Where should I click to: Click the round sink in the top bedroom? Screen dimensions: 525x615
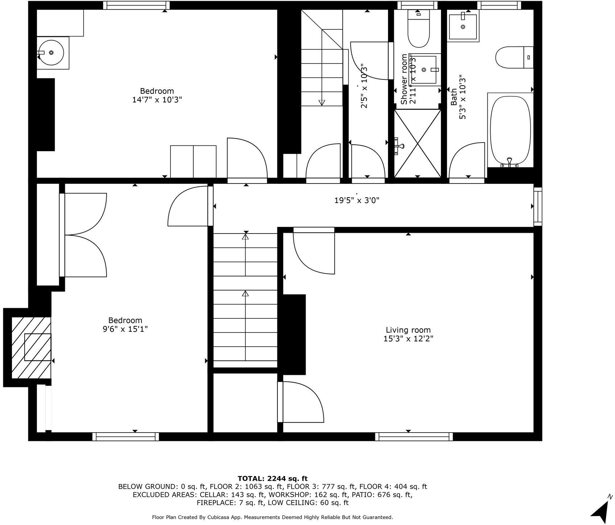(51, 53)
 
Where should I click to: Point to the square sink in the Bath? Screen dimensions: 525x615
(463, 26)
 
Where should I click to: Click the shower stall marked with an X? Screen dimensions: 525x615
(418, 144)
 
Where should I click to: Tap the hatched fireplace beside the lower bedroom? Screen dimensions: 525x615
(31, 347)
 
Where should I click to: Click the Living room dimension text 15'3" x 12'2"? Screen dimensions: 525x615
(408, 339)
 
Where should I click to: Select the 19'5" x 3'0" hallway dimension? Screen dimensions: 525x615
(356, 200)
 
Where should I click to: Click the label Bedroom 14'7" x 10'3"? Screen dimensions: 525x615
(157, 95)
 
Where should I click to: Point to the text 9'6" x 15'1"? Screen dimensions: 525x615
(125, 329)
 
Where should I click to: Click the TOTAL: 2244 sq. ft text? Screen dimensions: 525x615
(272, 479)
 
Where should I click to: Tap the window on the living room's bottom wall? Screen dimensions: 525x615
(414, 437)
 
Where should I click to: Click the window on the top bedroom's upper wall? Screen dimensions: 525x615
(136, 5)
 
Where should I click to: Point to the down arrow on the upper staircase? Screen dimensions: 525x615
(322, 102)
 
